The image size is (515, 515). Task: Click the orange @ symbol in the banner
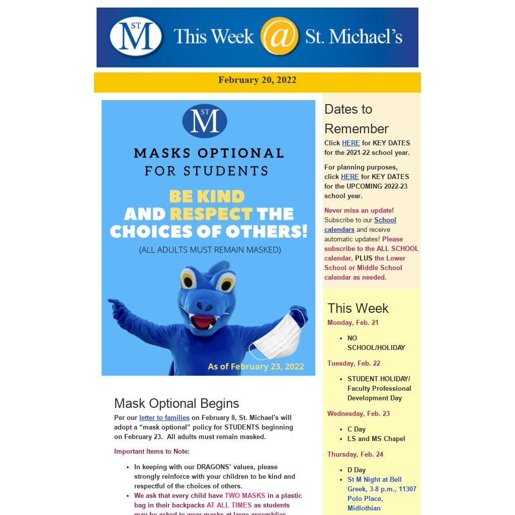pos(280,36)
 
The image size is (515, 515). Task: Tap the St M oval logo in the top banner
pos(136,36)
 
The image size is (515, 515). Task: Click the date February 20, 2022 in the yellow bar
pos(257,80)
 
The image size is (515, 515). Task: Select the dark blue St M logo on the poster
pos(205,121)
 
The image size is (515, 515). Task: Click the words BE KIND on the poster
pos(207,196)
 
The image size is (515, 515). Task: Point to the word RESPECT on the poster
pos(211,214)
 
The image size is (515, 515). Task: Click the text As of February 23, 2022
pos(255,366)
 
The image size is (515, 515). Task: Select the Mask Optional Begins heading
pos(177,403)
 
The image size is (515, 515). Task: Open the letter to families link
pos(164,418)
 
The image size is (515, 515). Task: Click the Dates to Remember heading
pos(356,119)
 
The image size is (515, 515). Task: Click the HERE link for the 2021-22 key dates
pos(351,143)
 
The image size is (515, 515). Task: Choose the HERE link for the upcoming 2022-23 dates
pos(350,177)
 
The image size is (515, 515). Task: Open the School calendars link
pos(360,225)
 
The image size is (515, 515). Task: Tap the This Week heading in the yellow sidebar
pos(358,308)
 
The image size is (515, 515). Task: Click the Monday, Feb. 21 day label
pos(353,323)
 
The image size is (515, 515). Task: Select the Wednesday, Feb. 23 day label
pos(358,414)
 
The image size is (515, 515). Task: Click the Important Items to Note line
pos(151,452)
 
